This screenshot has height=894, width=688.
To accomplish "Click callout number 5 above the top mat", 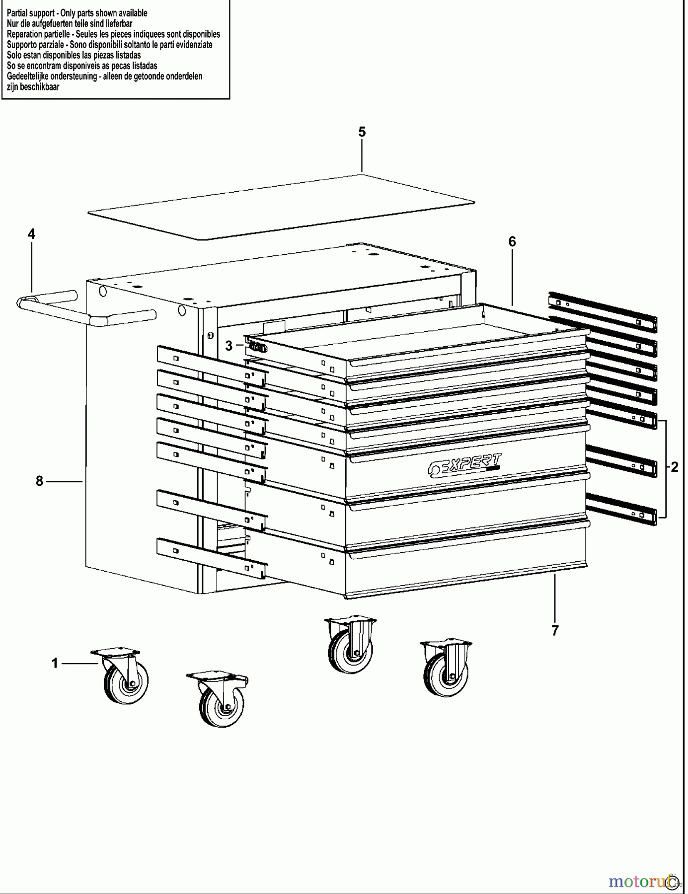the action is point(362,132).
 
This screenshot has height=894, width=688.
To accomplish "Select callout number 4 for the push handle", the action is point(31,234).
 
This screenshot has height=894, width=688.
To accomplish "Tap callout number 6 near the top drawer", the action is point(512,242).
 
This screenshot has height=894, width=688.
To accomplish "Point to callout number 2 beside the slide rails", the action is point(674,467).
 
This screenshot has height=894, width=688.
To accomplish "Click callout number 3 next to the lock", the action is point(229,346).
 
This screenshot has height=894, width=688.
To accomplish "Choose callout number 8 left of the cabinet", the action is point(40,481).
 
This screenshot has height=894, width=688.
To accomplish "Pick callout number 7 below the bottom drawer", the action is point(555,630).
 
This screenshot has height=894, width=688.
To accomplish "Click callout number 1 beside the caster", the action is point(55,663).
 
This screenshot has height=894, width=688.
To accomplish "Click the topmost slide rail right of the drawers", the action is point(603,311).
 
